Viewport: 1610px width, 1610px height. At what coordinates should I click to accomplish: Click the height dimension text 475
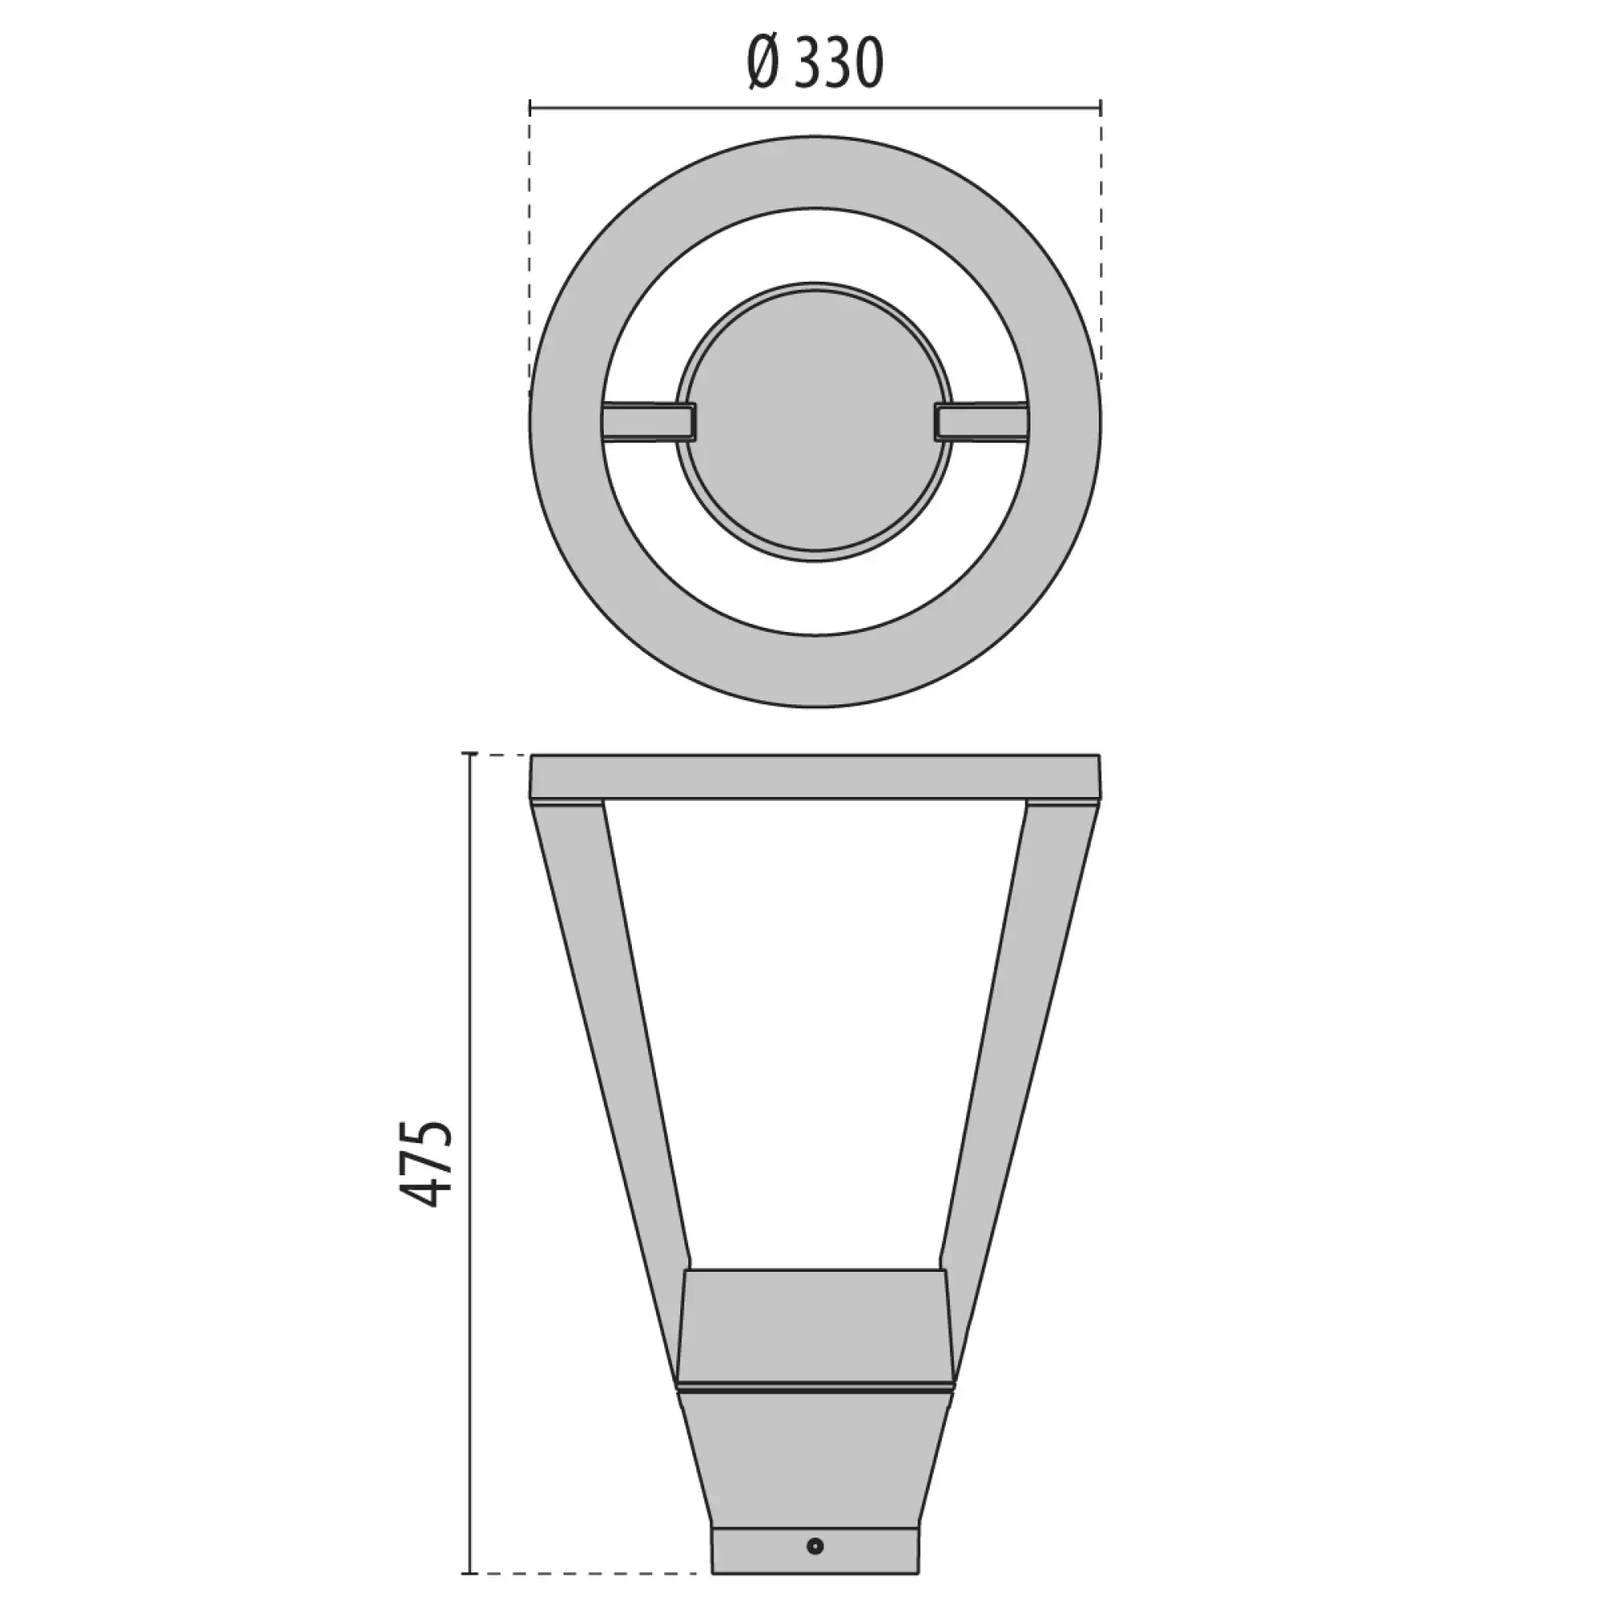click(x=426, y=1163)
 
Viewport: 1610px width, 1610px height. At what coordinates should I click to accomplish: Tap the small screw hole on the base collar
click(x=815, y=1522)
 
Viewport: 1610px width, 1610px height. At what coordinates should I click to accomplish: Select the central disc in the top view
click(x=813, y=421)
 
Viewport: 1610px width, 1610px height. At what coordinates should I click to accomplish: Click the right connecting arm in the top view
click(x=981, y=421)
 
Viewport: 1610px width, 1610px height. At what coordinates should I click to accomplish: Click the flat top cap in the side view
click(x=815, y=777)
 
